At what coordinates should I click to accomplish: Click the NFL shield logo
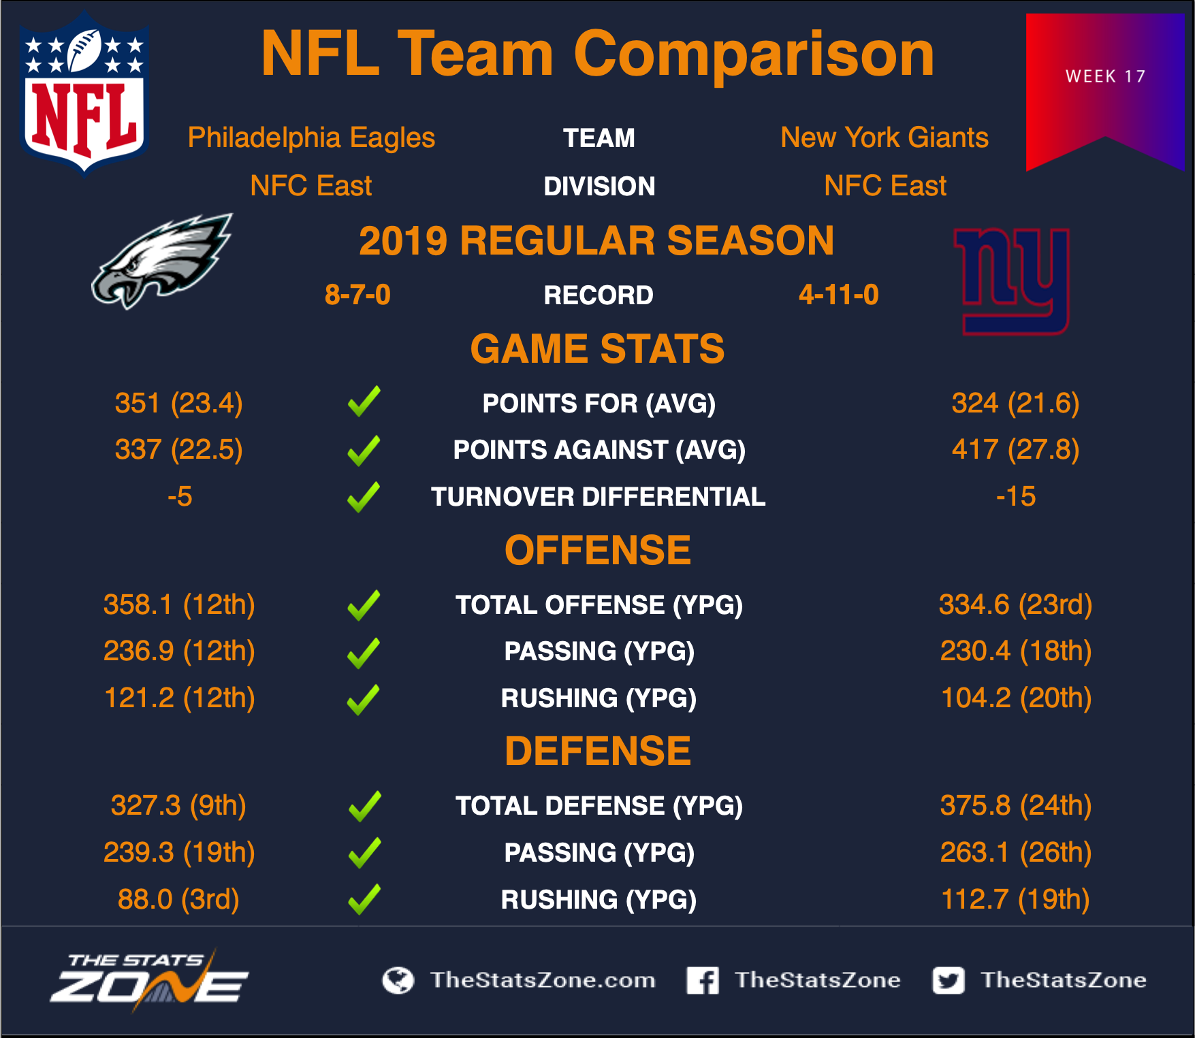(x=84, y=94)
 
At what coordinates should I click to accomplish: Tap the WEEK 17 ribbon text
(x=1105, y=76)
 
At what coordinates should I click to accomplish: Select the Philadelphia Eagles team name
(x=311, y=137)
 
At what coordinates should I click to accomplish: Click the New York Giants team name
(x=885, y=137)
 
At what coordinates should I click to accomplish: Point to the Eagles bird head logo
(x=162, y=261)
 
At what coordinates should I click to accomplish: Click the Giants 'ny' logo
(x=1013, y=281)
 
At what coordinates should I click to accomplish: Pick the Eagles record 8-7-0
(x=357, y=295)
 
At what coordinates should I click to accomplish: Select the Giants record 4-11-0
(x=839, y=295)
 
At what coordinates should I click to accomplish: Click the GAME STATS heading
(x=597, y=348)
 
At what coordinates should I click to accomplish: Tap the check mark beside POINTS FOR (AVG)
(x=364, y=402)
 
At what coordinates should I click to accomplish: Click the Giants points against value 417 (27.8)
(x=1015, y=449)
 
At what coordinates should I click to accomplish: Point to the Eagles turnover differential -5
(x=180, y=496)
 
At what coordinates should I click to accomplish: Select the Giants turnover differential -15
(x=1015, y=496)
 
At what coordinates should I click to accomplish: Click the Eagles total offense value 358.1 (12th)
(x=179, y=604)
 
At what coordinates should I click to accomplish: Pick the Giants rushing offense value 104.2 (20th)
(x=1016, y=698)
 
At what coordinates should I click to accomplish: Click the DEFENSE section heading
(x=597, y=751)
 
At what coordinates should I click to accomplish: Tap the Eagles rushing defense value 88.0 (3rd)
(x=178, y=899)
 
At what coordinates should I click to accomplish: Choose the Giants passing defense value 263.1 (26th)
(x=1016, y=852)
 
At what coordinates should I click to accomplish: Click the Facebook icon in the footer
(x=703, y=980)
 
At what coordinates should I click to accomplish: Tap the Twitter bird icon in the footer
(x=949, y=980)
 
